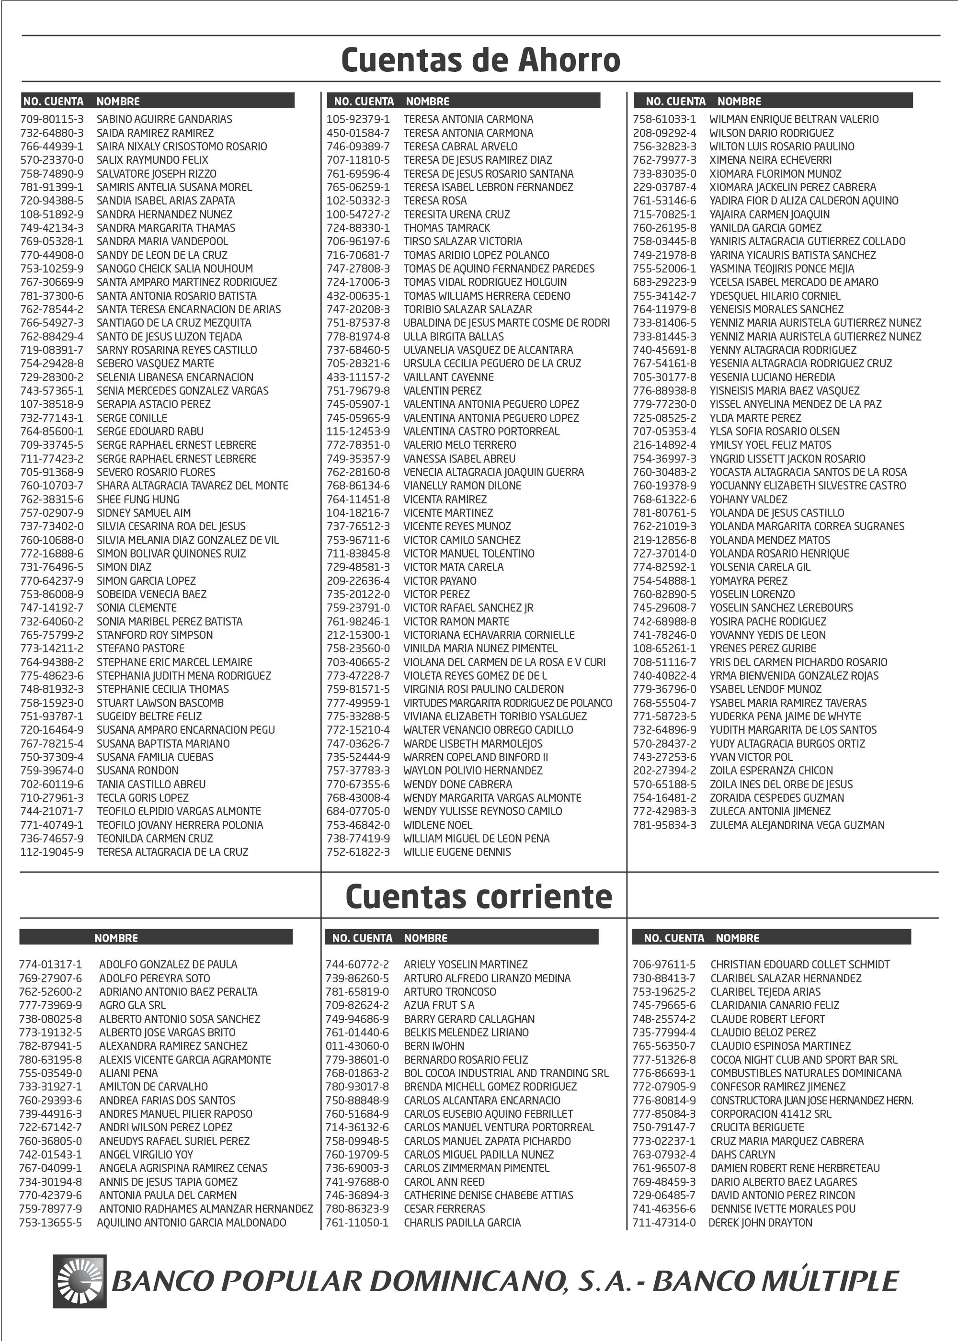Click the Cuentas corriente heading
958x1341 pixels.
[479, 897]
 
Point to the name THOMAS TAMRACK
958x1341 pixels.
[446, 227]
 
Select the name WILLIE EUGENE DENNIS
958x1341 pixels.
[456, 852]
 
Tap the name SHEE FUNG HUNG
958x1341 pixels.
[137, 500]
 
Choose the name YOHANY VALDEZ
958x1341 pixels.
[748, 500]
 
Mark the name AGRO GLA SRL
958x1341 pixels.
[132, 1005]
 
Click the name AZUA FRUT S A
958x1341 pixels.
[439, 1005]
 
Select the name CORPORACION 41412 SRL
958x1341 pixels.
[770, 1114]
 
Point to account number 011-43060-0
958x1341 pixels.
[357, 1046]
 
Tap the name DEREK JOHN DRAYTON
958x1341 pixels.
[760, 1223]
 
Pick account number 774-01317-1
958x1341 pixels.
[51, 965]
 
